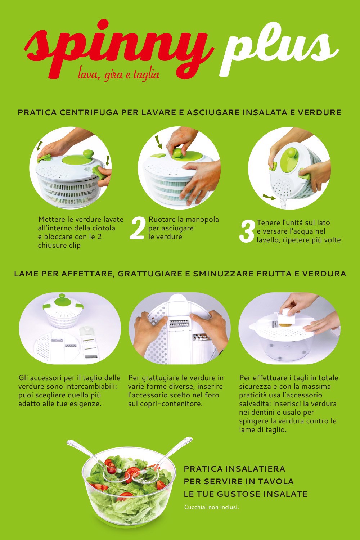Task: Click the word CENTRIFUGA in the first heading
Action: point(89,112)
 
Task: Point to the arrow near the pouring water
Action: point(269,197)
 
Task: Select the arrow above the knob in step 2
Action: point(158,143)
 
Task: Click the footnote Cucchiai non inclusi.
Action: point(211,507)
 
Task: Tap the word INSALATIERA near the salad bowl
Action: point(255,469)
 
